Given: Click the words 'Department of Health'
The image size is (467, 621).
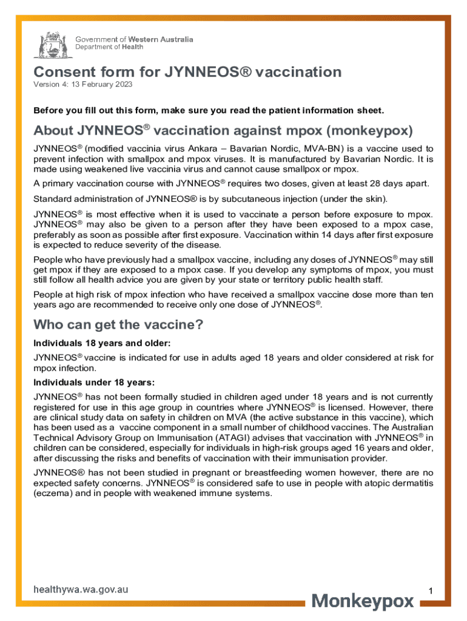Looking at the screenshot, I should (x=100, y=47).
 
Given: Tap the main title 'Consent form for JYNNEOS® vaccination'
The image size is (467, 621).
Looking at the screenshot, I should (x=187, y=73).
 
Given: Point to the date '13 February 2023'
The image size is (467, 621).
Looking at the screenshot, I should (x=102, y=84).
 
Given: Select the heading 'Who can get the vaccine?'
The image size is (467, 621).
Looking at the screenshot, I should (x=118, y=324).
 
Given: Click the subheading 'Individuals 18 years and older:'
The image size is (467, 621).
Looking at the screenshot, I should (x=92, y=343).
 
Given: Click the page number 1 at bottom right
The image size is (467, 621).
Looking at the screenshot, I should (x=429, y=591).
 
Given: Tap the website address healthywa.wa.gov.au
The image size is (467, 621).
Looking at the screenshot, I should (x=80, y=589).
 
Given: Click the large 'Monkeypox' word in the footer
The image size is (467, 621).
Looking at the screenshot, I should (x=363, y=602).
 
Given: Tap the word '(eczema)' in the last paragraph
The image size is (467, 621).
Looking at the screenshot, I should (x=52, y=494).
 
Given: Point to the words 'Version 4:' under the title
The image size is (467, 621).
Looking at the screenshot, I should (x=50, y=84).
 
